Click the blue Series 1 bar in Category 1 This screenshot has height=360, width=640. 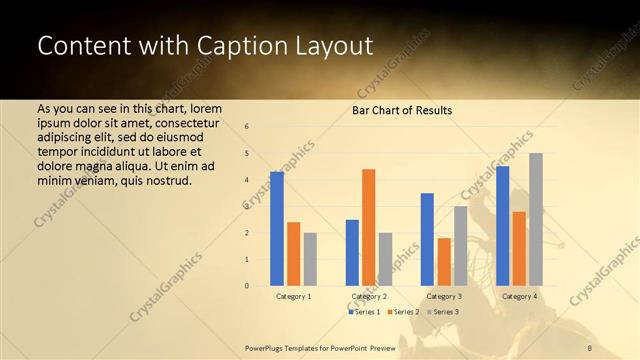tap(277, 229)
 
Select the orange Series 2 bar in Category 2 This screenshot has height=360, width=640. tap(368, 227)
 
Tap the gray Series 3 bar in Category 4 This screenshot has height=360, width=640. tap(536, 219)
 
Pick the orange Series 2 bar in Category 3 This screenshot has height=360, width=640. tap(444, 262)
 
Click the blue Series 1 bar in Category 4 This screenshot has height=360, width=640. tap(502, 226)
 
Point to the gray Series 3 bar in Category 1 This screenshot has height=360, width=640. tap(310, 259)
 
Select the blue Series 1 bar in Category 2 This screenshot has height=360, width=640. tap(352, 252)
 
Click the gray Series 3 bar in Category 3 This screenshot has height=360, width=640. tap(460, 246)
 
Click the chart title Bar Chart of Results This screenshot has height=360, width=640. tap(402, 110)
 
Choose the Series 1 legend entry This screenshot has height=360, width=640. tap(365, 312)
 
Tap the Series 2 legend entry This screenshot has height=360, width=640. tap(402, 312)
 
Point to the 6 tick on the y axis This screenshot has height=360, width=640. tap(247, 127)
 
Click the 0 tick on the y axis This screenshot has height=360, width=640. tap(247, 286)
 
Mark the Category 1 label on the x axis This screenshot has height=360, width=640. tap(293, 296)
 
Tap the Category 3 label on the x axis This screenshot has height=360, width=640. tap(444, 296)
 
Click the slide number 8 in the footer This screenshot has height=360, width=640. tap(589, 347)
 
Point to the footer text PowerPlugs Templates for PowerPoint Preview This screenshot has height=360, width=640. tap(320, 347)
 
